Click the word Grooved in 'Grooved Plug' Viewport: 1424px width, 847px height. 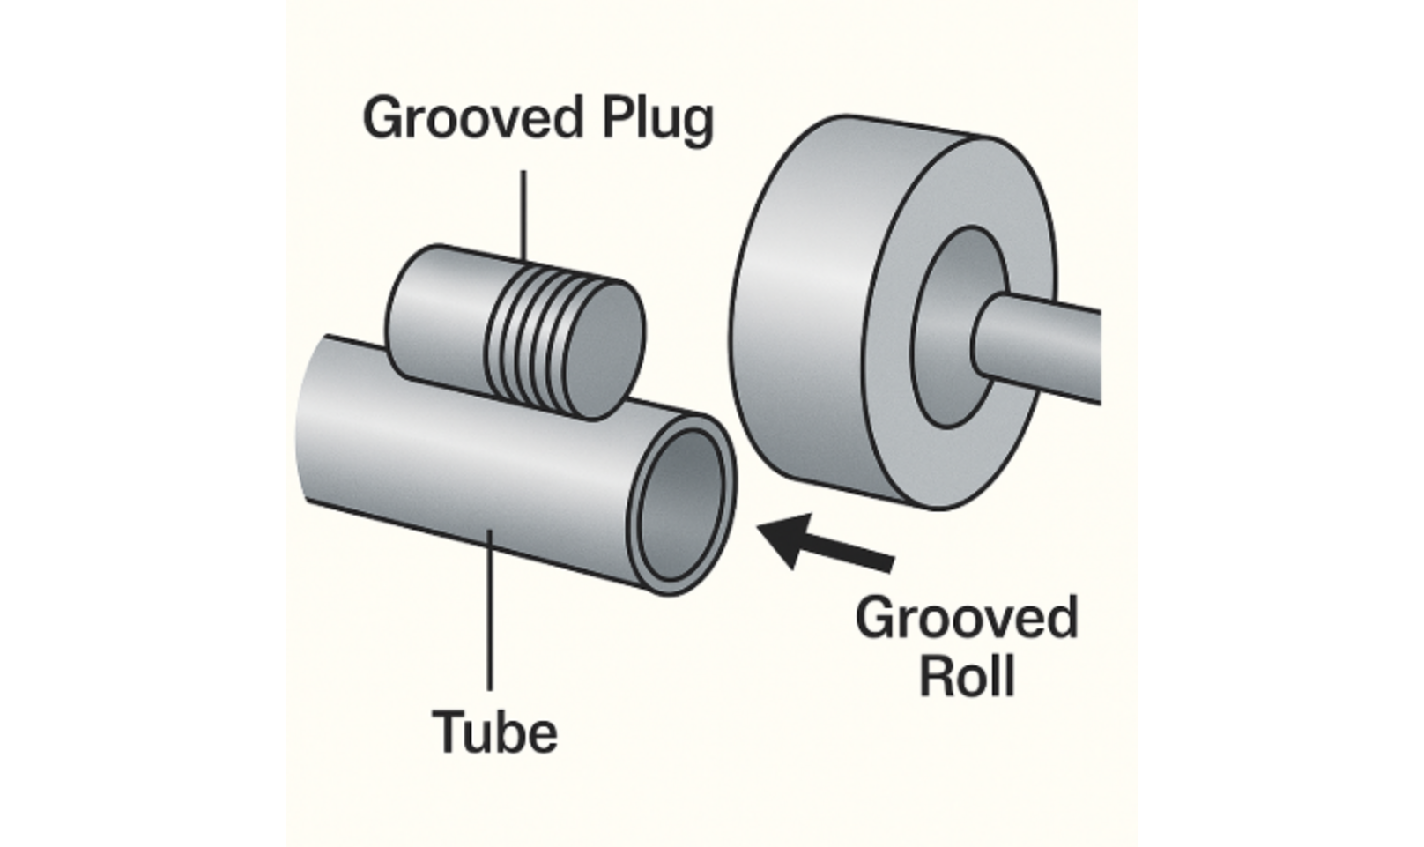(x=474, y=119)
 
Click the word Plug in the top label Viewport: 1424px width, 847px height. (x=657, y=121)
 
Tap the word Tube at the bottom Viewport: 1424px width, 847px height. (x=494, y=732)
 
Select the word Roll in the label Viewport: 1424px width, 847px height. (x=967, y=676)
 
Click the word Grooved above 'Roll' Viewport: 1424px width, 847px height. (x=967, y=618)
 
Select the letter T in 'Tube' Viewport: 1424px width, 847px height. (x=447, y=732)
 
